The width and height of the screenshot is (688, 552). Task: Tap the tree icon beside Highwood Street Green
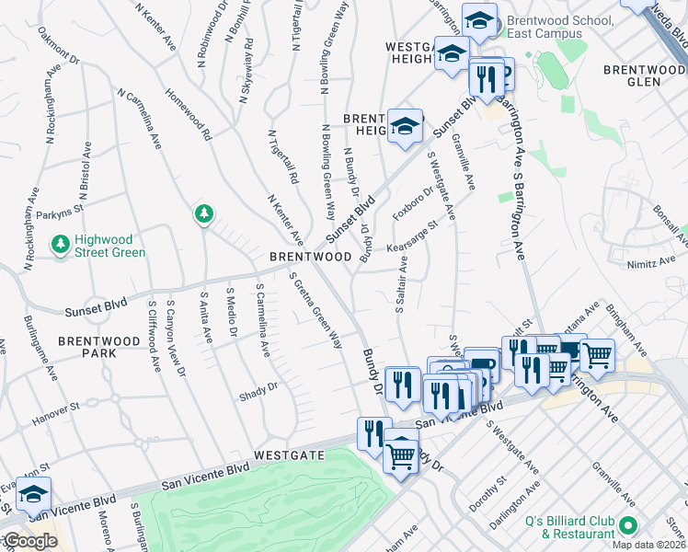click(61, 245)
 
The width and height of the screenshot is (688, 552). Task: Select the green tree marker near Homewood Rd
click(203, 214)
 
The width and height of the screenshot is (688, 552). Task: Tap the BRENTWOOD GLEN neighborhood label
click(645, 75)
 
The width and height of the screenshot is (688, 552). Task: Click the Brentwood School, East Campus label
click(555, 28)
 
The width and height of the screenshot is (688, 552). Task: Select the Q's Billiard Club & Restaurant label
click(569, 527)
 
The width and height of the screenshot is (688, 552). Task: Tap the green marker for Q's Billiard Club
click(629, 526)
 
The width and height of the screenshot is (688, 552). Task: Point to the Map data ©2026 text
click(648, 545)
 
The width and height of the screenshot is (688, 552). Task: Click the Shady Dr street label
click(259, 388)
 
